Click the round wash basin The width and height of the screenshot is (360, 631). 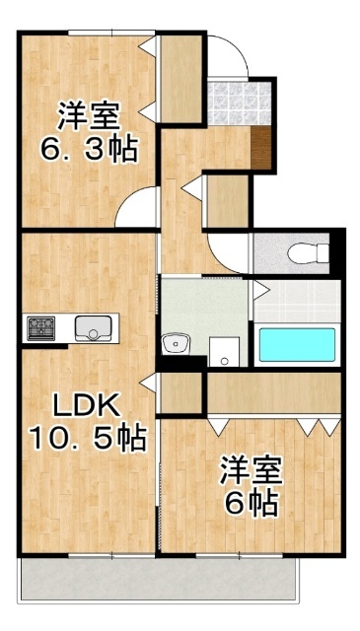pyautogui.click(x=177, y=344)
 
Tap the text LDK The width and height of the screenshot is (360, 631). pyautogui.click(x=86, y=405)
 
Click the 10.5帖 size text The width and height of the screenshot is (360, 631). pyautogui.click(x=88, y=435)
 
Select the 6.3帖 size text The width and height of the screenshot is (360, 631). pyautogui.click(x=88, y=151)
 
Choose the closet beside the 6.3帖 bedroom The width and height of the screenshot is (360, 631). pyautogui.click(x=180, y=78)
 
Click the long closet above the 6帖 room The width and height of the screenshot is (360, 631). pyautogui.click(x=273, y=392)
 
